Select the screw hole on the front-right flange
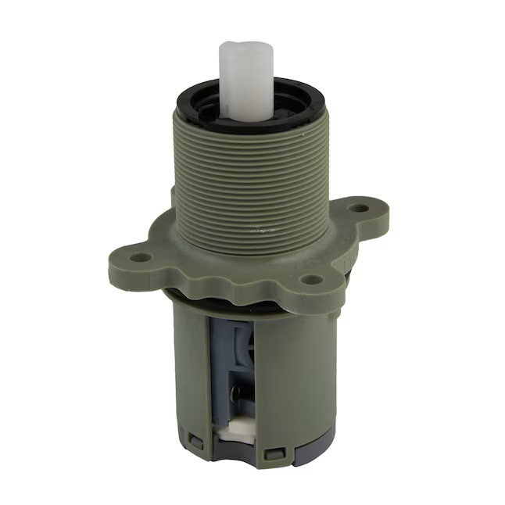click(x=312, y=278)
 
